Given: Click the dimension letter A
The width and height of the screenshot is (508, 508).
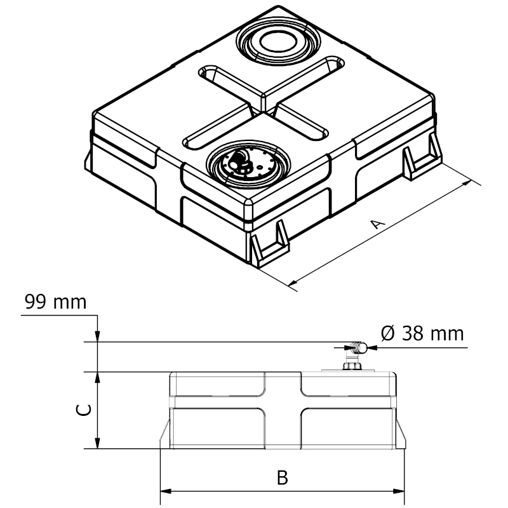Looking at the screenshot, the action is coord(377,224).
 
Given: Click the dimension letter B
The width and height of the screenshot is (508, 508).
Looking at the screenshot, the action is coord(283,478).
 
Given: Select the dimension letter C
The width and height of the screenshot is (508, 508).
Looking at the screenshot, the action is coord(84,410).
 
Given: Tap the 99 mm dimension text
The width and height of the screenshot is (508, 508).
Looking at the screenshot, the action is coord(56,302).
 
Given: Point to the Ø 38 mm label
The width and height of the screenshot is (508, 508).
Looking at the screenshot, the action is coord(422,333).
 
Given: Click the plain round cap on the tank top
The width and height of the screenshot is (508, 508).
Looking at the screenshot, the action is coord(278,43).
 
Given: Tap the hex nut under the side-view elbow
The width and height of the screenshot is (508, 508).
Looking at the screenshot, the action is coord(352,366).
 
